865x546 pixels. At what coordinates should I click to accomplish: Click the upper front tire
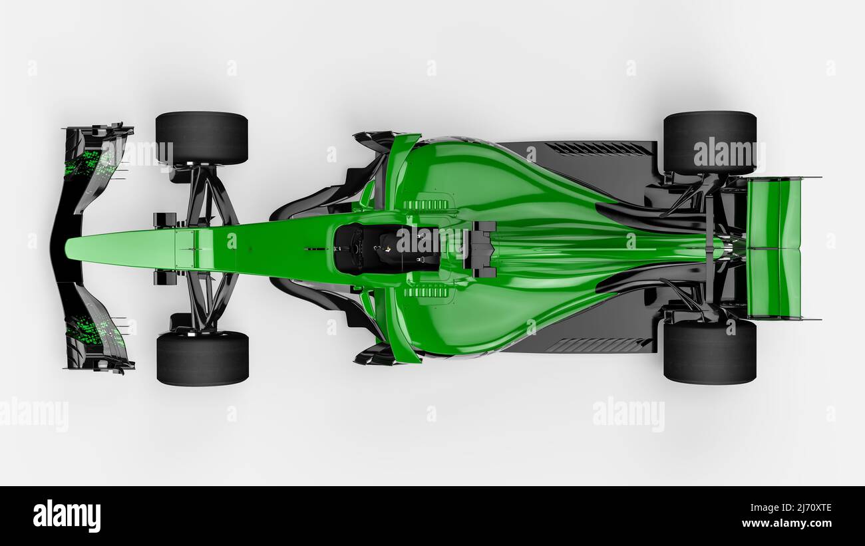202,138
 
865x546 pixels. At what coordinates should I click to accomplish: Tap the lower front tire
202,358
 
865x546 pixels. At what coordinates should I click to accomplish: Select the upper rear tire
709,142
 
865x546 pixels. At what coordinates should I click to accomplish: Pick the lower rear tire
709,352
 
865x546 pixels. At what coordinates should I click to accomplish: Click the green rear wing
773,247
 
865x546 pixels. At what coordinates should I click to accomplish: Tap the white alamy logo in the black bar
67,516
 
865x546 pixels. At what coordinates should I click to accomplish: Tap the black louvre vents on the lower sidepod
596,345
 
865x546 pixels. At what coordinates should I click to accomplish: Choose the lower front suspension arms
209,301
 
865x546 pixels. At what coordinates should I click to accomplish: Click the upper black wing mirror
374,140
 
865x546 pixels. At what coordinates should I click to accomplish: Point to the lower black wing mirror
374,356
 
